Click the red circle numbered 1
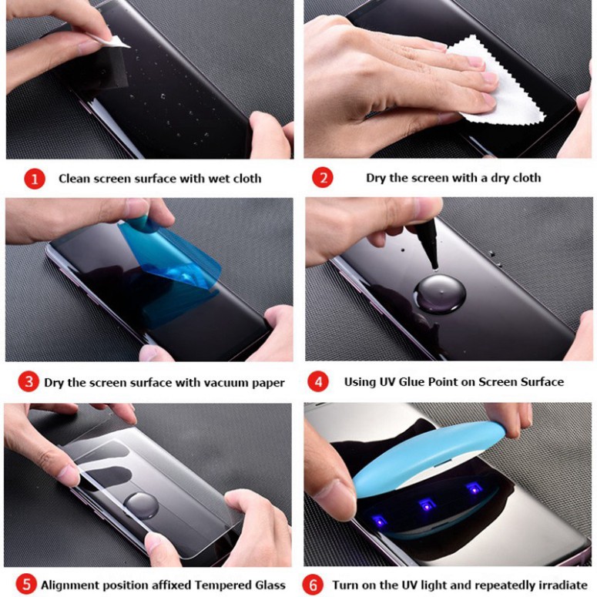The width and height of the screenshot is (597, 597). [x=35, y=179]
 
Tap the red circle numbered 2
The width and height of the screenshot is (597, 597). [x=323, y=178]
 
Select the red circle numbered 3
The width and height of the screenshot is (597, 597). [x=29, y=382]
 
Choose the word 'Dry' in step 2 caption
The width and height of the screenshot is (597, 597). [x=376, y=178]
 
